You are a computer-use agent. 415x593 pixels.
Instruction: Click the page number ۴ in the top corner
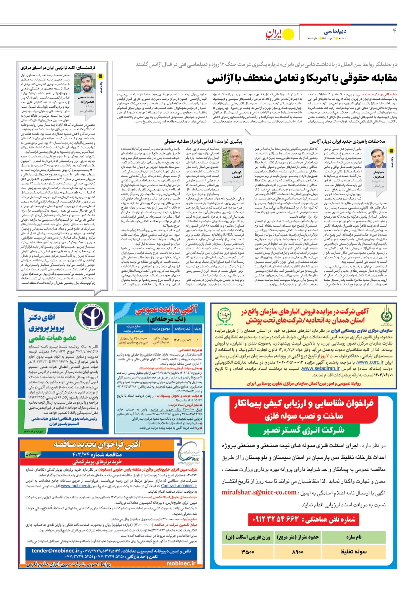[x=394, y=31]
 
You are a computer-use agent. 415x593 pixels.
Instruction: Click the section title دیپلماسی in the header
[x=335, y=32]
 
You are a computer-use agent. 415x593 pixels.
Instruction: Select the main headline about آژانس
[x=302, y=78]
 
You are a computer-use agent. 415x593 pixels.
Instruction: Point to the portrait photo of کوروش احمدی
[x=233, y=158]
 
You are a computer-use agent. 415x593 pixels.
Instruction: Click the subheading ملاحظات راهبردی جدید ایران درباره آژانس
[x=347, y=141]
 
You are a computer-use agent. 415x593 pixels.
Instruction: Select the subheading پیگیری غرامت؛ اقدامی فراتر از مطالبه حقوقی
[x=203, y=141]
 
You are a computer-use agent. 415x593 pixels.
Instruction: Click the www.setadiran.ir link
[x=321, y=368]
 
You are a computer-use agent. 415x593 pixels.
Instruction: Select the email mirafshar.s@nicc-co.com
[x=259, y=492]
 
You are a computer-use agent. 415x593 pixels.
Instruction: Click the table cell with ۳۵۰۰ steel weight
[x=248, y=551]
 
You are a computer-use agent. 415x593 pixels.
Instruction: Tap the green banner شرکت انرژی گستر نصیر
[x=304, y=431]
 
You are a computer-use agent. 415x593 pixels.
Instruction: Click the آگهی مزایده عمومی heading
[x=166, y=310]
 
